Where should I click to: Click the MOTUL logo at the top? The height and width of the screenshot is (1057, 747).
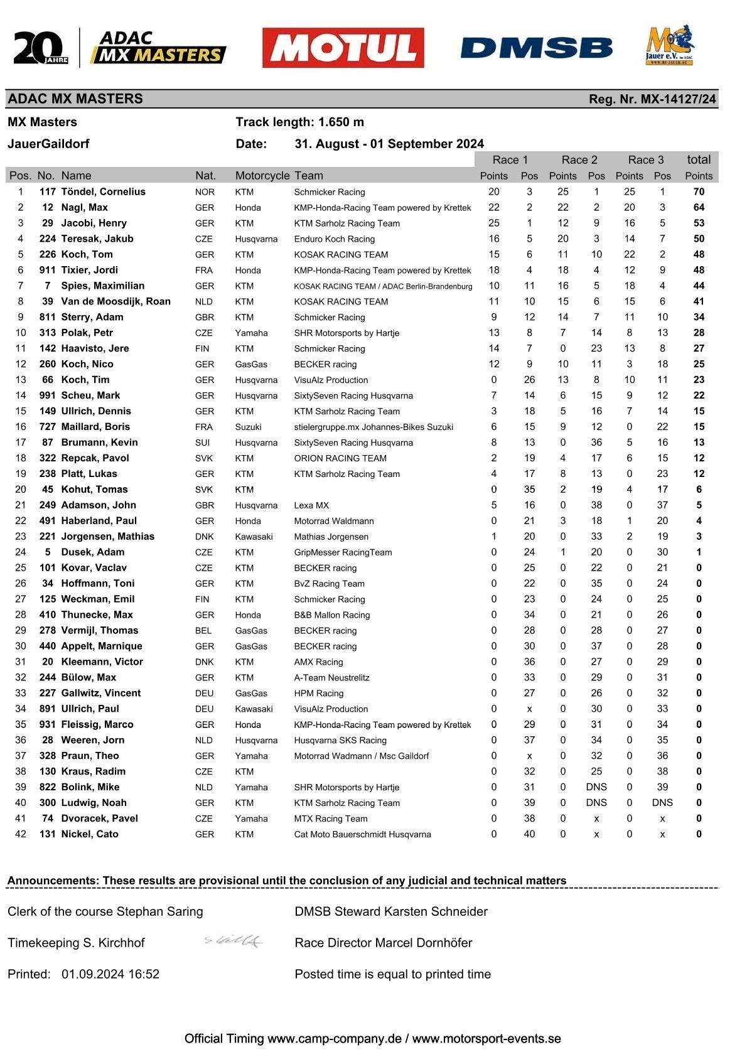[343, 47]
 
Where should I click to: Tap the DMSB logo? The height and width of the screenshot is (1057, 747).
[536, 48]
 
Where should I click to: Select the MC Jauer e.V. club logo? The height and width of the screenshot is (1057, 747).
[669, 45]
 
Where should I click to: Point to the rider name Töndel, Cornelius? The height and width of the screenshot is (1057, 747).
[103, 192]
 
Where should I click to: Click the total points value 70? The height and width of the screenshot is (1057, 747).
[699, 192]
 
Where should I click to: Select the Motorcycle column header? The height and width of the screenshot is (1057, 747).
[262, 176]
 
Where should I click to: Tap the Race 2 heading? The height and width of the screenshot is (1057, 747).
[579, 160]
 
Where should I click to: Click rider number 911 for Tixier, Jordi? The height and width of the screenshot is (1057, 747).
[47, 271]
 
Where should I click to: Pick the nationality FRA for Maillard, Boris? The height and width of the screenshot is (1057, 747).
[204, 427]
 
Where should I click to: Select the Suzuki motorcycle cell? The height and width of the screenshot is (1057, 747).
[248, 427]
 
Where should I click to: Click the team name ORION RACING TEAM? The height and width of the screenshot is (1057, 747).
[340, 459]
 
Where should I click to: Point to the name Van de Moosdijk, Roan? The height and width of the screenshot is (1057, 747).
[116, 302]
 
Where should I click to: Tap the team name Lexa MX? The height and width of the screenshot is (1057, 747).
[311, 505]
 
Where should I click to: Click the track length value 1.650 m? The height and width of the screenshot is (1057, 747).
[341, 122]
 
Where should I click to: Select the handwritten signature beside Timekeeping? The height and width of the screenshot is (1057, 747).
[234, 941]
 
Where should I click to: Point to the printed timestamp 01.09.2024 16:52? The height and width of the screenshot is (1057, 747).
[110, 974]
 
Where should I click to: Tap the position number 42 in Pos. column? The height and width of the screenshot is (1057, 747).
[21, 834]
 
